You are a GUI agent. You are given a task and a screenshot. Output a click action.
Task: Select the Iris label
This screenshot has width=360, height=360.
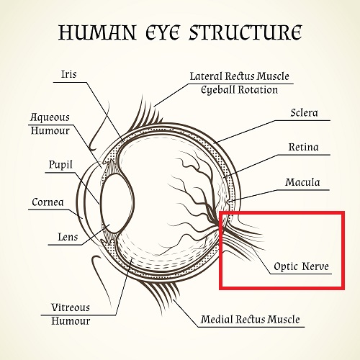point(69,74)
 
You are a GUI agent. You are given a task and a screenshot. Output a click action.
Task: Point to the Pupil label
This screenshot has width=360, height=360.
point(60,165)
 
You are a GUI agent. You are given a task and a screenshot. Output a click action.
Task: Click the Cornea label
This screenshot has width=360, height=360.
point(48,202)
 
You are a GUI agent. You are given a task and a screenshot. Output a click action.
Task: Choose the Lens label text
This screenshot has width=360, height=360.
point(68,237)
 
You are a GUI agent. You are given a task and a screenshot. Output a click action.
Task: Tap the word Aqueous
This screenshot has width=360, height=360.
point(50,117)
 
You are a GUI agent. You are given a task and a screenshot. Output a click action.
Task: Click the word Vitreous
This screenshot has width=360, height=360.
point(71,307)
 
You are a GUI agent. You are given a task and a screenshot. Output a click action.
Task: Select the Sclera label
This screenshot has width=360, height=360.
point(304,112)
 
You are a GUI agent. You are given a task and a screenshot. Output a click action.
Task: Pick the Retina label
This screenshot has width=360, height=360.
point(304,147)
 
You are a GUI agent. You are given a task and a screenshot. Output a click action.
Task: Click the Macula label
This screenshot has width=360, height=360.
point(302,182)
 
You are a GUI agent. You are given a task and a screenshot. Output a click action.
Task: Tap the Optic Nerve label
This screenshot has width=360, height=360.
point(301,266)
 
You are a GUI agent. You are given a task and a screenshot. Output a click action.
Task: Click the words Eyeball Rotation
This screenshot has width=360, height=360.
point(239,90)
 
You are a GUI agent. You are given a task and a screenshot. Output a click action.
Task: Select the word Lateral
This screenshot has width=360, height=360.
point(206,76)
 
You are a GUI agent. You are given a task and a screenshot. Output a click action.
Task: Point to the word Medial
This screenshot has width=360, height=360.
point(217,319)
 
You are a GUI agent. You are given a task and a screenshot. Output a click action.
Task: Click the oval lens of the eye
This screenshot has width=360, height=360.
point(117,203)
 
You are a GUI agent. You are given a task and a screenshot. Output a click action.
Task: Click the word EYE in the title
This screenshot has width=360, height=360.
point(163,32)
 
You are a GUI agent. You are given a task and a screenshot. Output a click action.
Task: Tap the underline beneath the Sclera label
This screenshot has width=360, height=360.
point(302,120)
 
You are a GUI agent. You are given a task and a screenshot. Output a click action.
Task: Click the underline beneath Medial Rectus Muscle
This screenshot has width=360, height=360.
point(251,327)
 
